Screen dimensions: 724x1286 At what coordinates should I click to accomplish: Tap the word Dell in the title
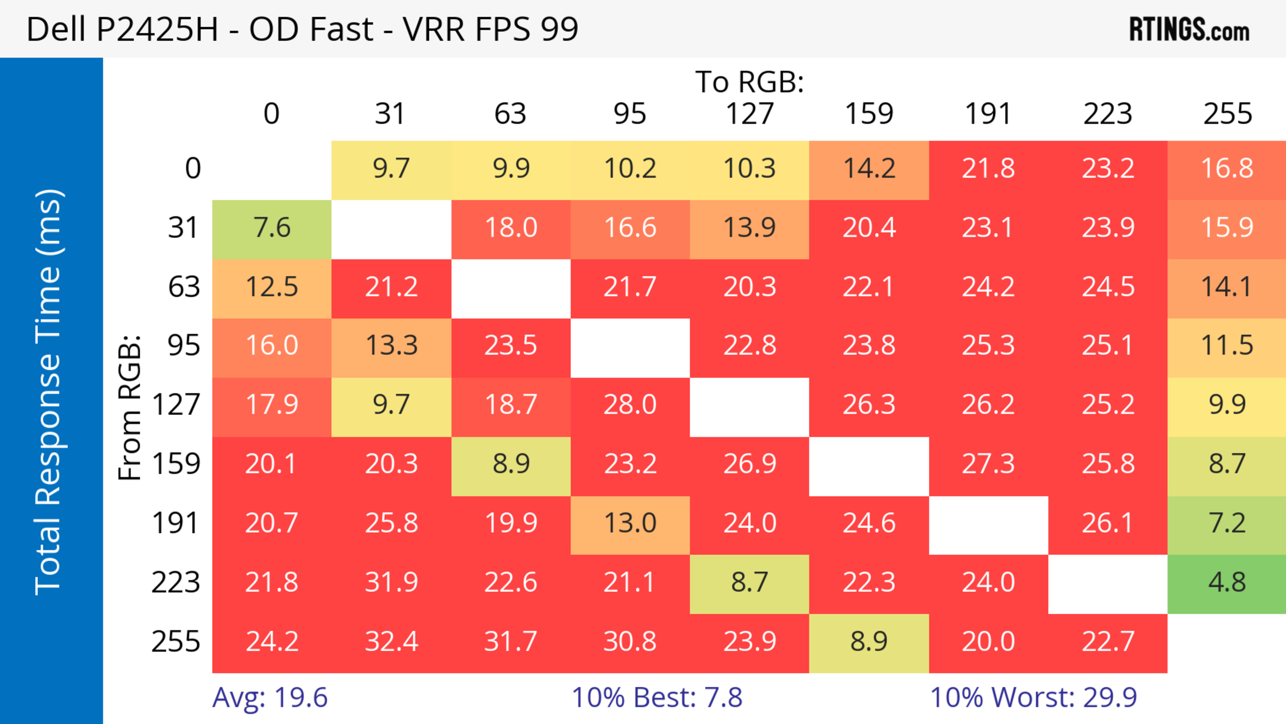(x=55, y=29)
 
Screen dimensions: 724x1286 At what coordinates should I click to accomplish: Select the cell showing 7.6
(x=272, y=228)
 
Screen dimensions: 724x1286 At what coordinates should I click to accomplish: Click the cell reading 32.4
(x=391, y=642)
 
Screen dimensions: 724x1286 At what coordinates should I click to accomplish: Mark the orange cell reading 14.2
(x=869, y=169)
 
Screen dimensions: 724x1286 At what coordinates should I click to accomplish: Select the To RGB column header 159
(x=869, y=114)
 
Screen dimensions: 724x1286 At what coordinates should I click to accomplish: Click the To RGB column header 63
(x=510, y=114)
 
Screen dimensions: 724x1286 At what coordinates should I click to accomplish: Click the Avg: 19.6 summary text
(x=270, y=698)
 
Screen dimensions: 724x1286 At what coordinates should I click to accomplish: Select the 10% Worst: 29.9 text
(x=1033, y=698)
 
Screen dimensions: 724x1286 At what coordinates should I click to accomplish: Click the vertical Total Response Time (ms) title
(x=49, y=392)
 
